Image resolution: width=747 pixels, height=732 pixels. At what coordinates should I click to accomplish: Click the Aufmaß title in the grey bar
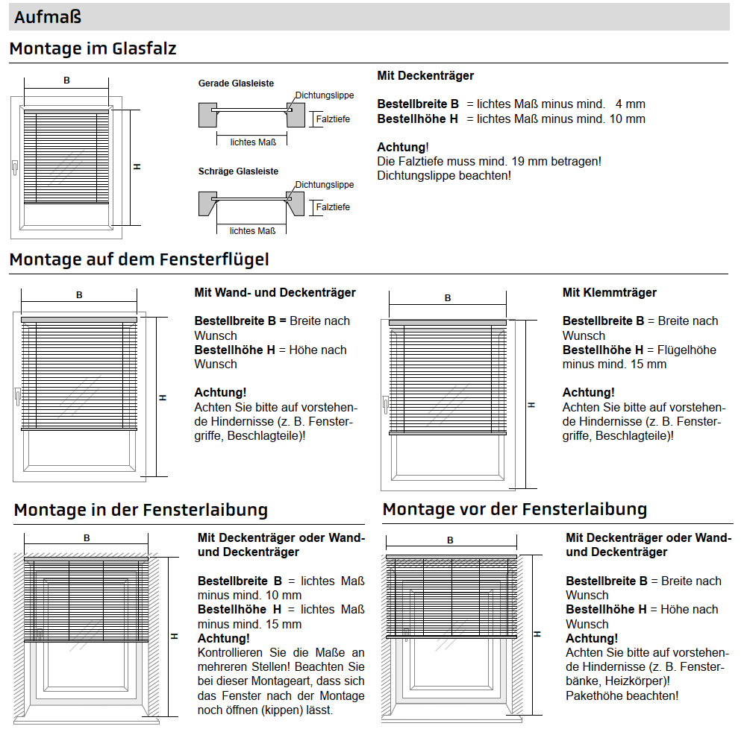(x=48, y=17)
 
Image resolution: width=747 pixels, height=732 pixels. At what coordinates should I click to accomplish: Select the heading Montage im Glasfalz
(x=93, y=49)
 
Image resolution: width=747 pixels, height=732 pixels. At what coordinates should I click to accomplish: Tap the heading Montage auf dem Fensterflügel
(x=139, y=259)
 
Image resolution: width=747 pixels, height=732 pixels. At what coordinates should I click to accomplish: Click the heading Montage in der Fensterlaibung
(x=140, y=510)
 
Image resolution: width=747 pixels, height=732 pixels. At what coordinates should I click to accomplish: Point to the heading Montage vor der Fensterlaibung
(x=514, y=509)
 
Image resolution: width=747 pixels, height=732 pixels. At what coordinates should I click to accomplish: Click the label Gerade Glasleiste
(x=236, y=83)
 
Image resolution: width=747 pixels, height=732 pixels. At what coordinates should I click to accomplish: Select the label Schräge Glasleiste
(x=238, y=171)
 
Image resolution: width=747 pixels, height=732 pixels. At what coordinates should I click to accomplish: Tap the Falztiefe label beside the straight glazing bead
(x=333, y=119)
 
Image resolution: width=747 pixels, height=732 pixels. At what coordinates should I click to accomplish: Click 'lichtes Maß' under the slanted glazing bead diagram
(x=253, y=231)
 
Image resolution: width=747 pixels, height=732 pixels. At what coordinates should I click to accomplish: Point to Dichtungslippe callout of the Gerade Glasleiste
(x=325, y=95)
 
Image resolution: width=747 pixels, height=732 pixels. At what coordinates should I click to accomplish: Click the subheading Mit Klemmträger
(x=610, y=293)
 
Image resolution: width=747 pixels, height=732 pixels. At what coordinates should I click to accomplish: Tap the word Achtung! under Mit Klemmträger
(x=588, y=392)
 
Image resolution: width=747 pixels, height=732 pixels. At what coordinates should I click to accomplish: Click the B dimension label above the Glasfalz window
(x=66, y=80)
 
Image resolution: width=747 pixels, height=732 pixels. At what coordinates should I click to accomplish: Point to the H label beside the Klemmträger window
(x=531, y=405)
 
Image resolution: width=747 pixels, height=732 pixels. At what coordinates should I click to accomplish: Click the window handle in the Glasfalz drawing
(x=15, y=169)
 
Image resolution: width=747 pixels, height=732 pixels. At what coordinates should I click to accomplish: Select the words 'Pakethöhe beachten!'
(x=622, y=695)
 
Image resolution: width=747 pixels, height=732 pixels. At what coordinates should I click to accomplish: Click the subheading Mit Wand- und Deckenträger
(x=275, y=293)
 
